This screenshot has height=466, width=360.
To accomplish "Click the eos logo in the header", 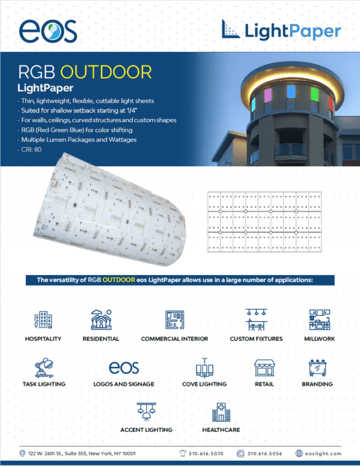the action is tap(48, 31).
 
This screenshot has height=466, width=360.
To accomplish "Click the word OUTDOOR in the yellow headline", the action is tap(106, 72).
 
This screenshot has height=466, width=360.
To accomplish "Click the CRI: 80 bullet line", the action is tap(31, 150).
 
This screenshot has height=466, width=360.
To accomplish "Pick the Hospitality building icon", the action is tap(43, 320).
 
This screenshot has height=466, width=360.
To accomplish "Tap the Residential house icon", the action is tap(102, 320).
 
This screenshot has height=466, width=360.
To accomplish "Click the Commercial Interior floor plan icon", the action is tap(175, 320).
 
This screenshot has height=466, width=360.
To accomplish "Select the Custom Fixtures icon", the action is tap(256, 320).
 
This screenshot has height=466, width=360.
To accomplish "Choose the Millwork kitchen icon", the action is tap(320, 320).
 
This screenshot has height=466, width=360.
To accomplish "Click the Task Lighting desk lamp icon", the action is tap(44, 368).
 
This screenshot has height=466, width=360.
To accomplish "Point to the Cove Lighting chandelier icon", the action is tap(205, 368).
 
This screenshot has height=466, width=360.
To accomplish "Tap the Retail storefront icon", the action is tap(264, 368).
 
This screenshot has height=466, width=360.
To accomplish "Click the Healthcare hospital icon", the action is tap(221, 412).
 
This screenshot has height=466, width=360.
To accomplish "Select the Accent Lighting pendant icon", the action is tap(146, 412).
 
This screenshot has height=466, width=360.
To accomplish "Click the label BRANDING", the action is tap(317, 384).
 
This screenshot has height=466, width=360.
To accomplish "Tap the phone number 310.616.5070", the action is tap(206, 454).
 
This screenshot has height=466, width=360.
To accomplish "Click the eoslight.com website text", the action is tap(323, 454).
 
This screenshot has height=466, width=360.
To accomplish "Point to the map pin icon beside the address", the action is tap(22, 454).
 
